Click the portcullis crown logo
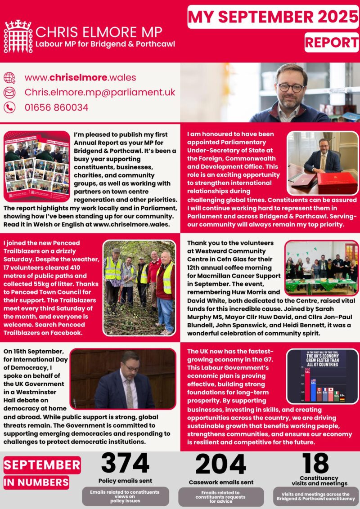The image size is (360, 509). tap(18, 36)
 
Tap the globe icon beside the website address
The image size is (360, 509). tap(9, 77)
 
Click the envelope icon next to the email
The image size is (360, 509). tap(9, 93)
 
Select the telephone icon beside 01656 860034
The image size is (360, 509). tap(9, 107)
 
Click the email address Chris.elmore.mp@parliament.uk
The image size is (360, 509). tap(99, 92)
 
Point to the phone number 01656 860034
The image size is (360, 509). tap(56, 107)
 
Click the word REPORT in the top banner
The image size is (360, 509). tap(331, 42)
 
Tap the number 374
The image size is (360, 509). tap(125, 464)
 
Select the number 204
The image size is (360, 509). tap(220, 464)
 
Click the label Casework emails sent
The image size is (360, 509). tap(220, 482)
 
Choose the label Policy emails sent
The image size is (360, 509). tap(125, 481)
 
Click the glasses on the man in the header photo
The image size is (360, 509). tap(291, 87)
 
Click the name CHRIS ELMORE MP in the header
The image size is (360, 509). tap(99, 32)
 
